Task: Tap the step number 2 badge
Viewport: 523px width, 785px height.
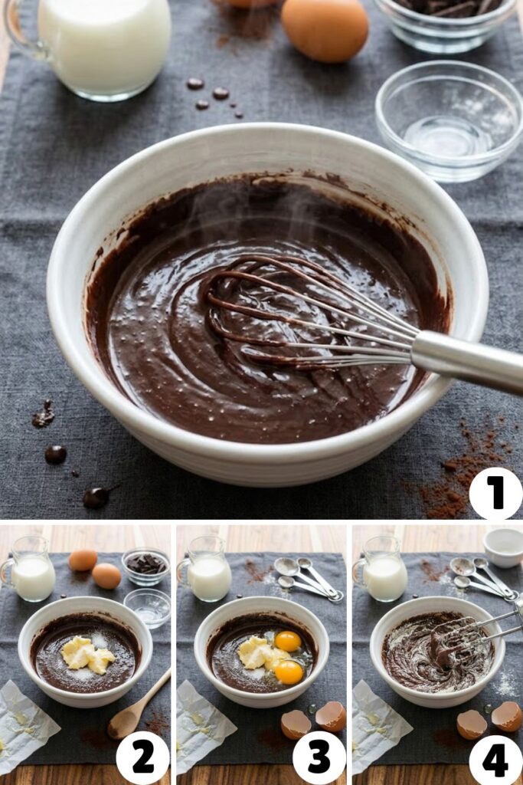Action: click(x=142, y=757)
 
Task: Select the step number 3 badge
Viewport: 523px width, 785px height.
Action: click(x=319, y=757)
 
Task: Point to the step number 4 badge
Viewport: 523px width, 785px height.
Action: click(x=495, y=757)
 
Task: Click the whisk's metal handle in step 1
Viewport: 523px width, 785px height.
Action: click(x=467, y=360)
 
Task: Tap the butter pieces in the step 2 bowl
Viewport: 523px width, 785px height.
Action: click(x=87, y=655)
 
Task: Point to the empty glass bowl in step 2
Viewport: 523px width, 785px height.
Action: click(x=148, y=606)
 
